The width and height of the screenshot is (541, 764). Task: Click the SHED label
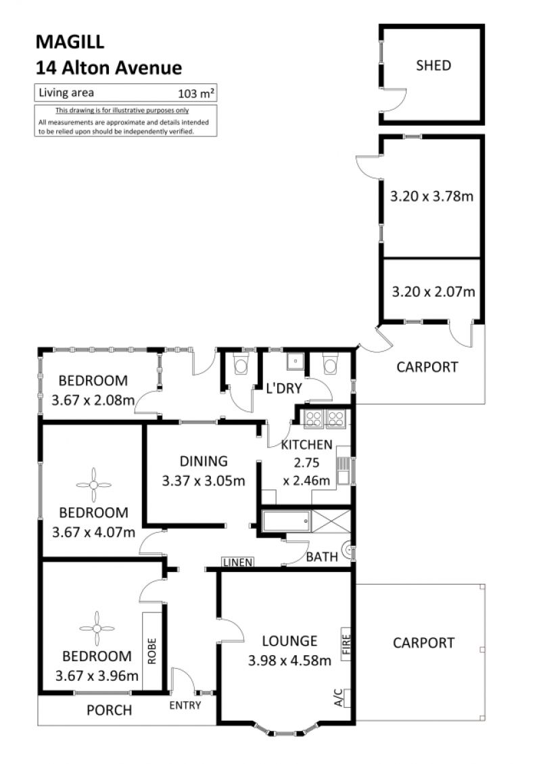click(x=433, y=66)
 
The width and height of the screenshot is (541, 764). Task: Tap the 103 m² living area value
click(x=196, y=93)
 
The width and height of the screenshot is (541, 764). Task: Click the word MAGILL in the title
click(x=70, y=42)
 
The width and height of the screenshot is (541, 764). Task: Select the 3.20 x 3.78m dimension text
click(x=432, y=196)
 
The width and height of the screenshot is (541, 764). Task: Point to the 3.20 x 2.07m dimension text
click(x=433, y=291)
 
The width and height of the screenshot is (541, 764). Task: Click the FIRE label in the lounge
click(x=346, y=644)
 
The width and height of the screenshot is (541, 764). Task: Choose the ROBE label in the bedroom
click(x=151, y=651)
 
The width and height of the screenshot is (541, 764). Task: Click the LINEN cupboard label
click(x=238, y=563)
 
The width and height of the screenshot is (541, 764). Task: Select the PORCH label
click(x=109, y=711)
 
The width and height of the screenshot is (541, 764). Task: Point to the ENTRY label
click(x=185, y=705)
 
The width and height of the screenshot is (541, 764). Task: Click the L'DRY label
click(x=284, y=388)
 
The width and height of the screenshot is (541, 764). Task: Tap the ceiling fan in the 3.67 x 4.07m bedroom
click(x=93, y=485)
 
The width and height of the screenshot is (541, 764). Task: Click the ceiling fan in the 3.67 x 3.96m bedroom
click(x=97, y=629)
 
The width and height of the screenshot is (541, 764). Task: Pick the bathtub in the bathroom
click(x=286, y=521)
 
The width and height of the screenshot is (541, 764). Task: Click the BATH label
click(x=322, y=556)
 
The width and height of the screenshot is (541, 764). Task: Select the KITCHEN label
click(x=306, y=444)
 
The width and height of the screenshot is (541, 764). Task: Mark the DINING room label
click(x=204, y=461)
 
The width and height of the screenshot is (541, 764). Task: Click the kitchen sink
click(x=343, y=471)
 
